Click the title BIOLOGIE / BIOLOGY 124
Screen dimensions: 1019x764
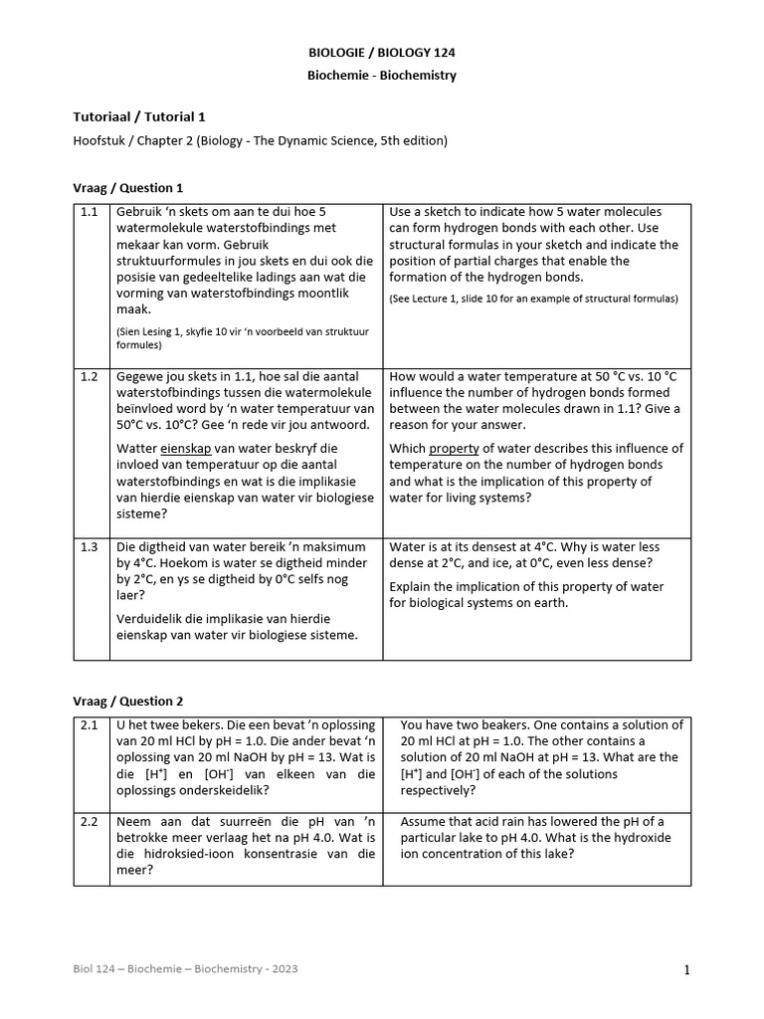(x=382, y=53)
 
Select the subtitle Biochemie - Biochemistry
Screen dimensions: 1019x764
(x=382, y=76)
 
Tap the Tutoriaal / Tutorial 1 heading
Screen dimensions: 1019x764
(x=139, y=116)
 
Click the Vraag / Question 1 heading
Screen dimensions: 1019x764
(x=128, y=187)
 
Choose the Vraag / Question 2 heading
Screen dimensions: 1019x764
(x=128, y=701)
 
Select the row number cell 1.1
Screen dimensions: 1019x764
(x=91, y=213)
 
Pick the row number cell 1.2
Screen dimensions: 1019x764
(x=91, y=377)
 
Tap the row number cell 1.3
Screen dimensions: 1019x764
(x=91, y=547)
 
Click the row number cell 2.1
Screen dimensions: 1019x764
(x=91, y=725)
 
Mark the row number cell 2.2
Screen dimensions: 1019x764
(x=91, y=822)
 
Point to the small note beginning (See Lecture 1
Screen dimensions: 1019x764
(x=533, y=299)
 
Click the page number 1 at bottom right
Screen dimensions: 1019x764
(x=686, y=971)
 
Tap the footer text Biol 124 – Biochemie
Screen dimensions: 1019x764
(x=185, y=968)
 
